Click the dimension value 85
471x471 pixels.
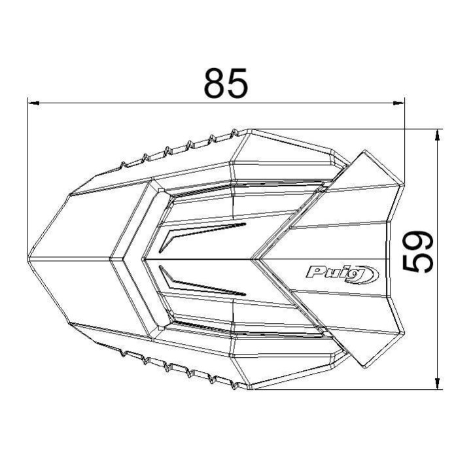click(x=226, y=82)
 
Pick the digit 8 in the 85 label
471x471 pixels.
click(x=215, y=82)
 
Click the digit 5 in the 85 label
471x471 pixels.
click(x=237, y=82)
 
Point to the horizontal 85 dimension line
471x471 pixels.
click(x=131, y=103)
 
